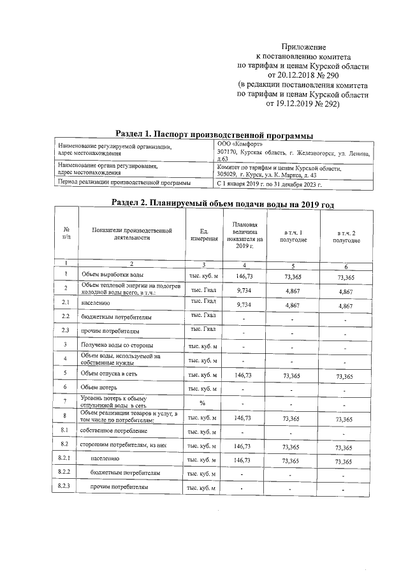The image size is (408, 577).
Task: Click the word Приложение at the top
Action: [303, 47]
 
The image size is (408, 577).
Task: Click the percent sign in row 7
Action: [201, 403]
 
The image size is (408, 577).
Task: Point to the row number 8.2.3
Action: [63, 487]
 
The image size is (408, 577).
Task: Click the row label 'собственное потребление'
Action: [110, 431]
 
